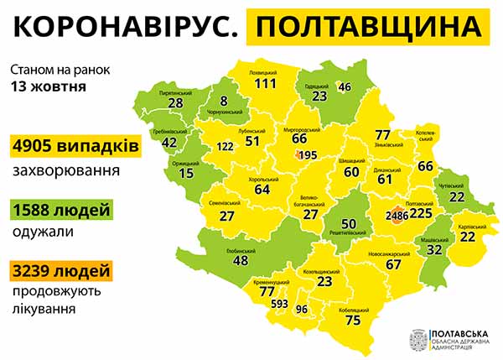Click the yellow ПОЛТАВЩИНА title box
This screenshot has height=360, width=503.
tap(370, 27)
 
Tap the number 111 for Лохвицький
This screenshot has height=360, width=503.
tap(266, 84)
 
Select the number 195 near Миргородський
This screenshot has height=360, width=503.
tap(308, 155)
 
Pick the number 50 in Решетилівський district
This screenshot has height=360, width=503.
tap(350, 222)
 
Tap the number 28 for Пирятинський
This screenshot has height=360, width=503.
tap(175, 102)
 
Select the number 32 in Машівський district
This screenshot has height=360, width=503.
tap(434, 248)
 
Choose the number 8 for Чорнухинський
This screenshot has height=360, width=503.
tap(223, 101)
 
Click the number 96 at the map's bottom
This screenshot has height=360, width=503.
tap(303, 310)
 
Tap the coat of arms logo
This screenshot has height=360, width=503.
tap(417, 340)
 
